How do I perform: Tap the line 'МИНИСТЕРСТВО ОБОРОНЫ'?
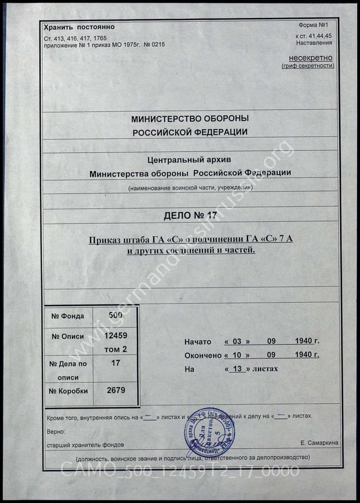pyautogui.click(x=190, y=118)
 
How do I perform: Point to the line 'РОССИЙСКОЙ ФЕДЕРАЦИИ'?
pyautogui.click(x=190, y=132)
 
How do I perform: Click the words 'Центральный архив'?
pyautogui.click(x=190, y=160)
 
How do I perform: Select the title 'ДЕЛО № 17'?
pyautogui.click(x=190, y=214)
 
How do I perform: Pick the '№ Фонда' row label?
pyautogui.click(x=67, y=316)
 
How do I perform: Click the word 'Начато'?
pyautogui.click(x=198, y=342)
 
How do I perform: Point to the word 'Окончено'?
pyautogui.click(x=202, y=355)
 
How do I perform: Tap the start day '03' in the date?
pyautogui.click(x=237, y=341)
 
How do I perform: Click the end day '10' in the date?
pyautogui.click(x=237, y=355)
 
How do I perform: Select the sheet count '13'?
pyautogui.click(x=237, y=369)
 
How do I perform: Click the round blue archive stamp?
pyautogui.click(x=206, y=430)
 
